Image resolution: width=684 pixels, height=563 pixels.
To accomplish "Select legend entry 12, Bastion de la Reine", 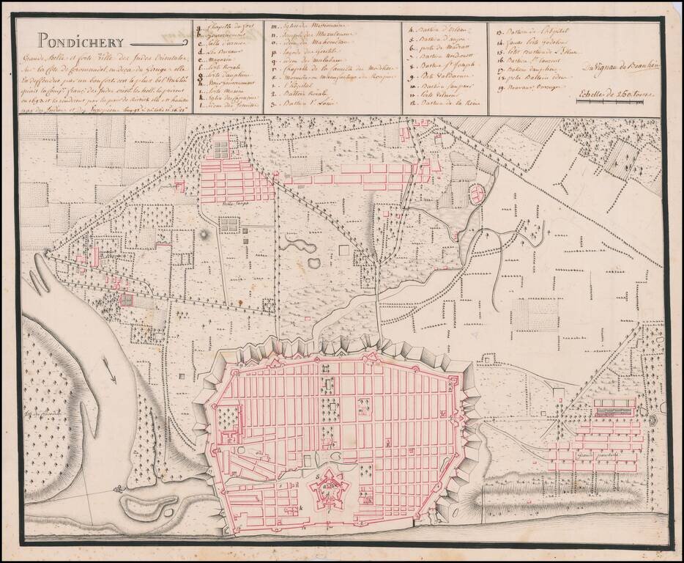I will pyautogui.click(x=445, y=107).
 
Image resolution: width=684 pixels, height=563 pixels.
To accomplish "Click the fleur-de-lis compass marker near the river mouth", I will pyautogui.click(x=116, y=487).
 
